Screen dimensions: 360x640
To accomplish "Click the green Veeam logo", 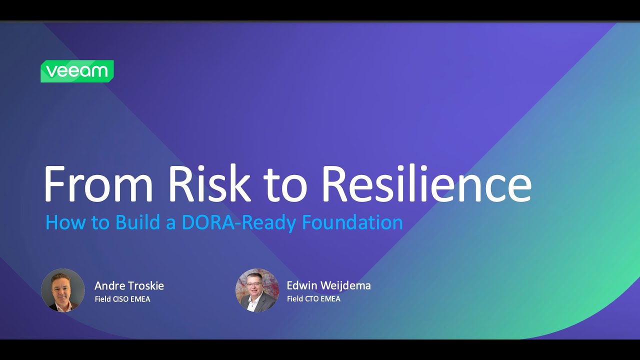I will point(77,71).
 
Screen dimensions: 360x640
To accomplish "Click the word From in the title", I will point(98,183).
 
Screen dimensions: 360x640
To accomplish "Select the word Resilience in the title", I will point(426,183).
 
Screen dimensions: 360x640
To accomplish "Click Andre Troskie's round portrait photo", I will point(63,290).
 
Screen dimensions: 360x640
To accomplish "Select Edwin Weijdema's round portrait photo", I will point(257,290).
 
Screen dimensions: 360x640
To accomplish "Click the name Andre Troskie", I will point(129,286).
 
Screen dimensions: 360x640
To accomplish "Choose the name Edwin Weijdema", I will point(328,286).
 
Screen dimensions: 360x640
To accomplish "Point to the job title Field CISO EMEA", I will point(122,299).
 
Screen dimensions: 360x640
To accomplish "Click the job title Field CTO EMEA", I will point(313,299).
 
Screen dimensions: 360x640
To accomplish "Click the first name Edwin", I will point(302,286).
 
